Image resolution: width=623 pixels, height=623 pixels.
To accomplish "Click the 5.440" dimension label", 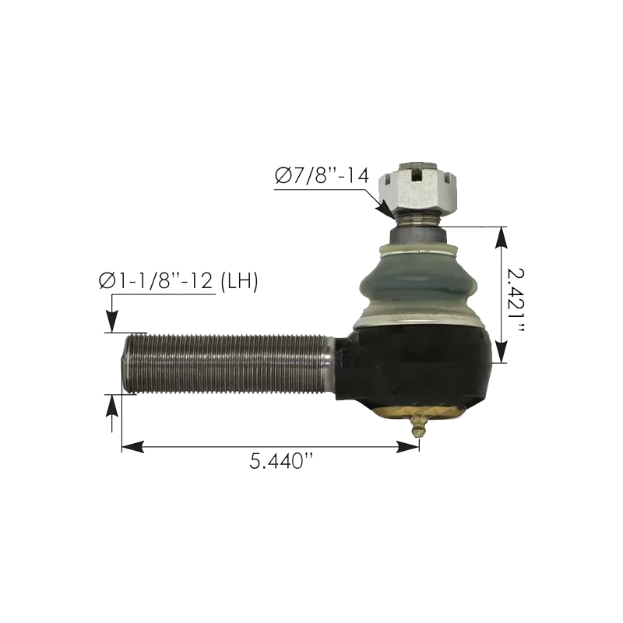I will point(280,462).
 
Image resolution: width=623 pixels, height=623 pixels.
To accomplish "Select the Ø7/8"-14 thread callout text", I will point(319,177).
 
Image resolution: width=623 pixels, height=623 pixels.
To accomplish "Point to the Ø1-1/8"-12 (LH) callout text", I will point(178,281).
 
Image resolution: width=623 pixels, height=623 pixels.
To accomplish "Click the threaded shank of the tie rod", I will point(226,362).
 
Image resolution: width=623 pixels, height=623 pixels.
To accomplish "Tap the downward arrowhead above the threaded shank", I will point(112,322).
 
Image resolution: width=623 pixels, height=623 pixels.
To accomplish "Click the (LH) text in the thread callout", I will point(238,281).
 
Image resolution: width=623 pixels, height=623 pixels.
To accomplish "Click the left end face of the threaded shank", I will point(125,363).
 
